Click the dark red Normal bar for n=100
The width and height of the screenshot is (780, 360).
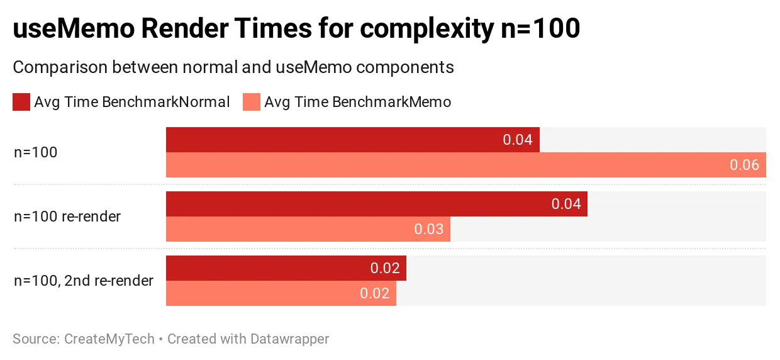(x=353, y=140)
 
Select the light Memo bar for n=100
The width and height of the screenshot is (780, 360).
(x=466, y=165)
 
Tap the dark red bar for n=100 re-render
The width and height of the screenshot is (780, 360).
(x=377, y=204)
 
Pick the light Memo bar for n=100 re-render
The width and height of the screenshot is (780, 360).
(x=308, y=229)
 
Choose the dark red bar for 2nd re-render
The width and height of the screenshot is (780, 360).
(x=286, y=268)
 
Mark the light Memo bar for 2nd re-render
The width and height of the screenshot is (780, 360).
(x=281, y=293)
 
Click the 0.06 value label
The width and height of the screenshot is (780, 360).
(x=745, y=165)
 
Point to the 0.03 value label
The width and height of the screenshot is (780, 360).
(x=428, y=229)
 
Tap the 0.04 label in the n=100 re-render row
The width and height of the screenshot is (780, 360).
(x=566, y=204)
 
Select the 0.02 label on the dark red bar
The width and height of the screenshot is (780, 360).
(x=385, y=268)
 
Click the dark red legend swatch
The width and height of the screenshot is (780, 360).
(x=21, y=102)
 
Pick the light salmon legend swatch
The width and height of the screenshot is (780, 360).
(x=252, y=102)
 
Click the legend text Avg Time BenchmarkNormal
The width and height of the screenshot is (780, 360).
(x=132, y=102)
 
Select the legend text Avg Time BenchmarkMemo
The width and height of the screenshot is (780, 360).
(x=358, y=102)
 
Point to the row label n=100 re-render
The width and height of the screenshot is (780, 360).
(x=67, y=217)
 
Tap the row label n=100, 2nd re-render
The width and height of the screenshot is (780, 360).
(x=84, y=281)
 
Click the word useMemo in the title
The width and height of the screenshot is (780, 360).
(x=74, y=28)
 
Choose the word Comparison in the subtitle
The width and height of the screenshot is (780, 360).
(x=60, y=67)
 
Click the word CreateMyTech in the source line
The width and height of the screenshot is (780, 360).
(x=109, y=339)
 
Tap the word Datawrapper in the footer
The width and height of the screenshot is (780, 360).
(x=290, y=339)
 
